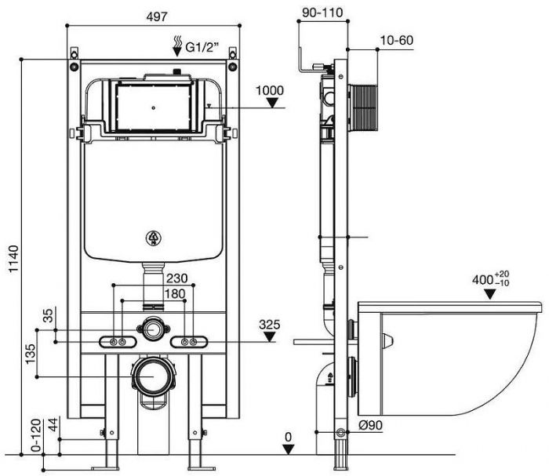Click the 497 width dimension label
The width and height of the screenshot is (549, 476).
tap(157, 16)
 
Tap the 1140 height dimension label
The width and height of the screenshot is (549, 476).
tap(13, 259)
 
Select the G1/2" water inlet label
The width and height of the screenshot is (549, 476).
tap(202, 46)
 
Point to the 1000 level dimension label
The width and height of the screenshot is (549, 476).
tap(270, 90)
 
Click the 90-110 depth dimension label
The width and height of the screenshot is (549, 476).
tap(322, 13)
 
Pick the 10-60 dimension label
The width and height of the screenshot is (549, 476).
tap(397, 40)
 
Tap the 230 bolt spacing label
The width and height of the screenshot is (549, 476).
tap(176, 278)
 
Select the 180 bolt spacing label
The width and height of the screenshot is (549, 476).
tap(175, 293)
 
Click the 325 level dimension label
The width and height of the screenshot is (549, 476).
tap(270, 325)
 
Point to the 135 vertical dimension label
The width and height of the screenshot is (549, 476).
tap(31, 354)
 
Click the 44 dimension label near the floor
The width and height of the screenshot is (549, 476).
tap(53, 424)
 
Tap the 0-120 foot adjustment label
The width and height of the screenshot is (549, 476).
tap(36, 436)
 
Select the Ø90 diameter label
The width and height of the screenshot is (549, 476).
tap(371, 425)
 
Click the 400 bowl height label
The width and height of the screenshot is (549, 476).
tap(491, 279)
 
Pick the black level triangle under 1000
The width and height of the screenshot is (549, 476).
tap(272, 103)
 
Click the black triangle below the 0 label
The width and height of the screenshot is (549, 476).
tap(288, 449)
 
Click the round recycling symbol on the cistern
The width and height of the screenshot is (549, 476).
tap(154, 238)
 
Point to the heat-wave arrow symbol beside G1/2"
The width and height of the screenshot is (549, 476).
tap(178, 45)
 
